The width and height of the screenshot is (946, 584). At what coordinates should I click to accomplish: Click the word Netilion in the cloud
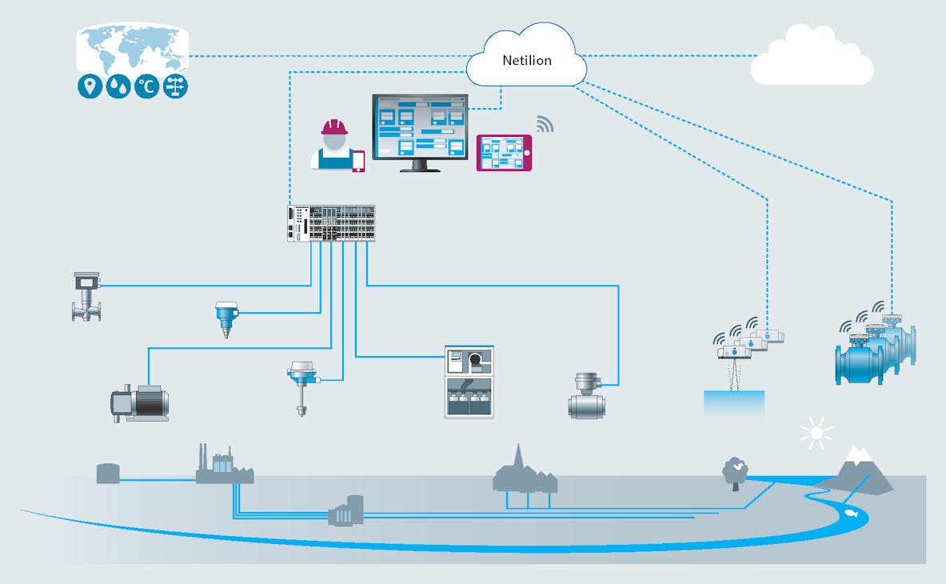point(526,60)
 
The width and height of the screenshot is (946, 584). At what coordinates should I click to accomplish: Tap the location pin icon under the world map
point(90,87)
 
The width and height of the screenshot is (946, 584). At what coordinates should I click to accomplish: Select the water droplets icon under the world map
point(118,87)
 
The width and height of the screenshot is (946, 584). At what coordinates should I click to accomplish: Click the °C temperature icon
point(146,87)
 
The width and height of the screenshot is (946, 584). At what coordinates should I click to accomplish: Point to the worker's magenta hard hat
point(334,127)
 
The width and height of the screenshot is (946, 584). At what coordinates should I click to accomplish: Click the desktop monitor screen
point(420,126)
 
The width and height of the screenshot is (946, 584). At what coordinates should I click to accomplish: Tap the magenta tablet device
point(504,153)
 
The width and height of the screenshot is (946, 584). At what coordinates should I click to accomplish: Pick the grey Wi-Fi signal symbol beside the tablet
point(545,124)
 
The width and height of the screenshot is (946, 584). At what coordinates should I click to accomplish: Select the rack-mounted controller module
point(331,223)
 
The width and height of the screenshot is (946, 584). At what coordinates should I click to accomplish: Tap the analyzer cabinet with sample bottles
point(469,382)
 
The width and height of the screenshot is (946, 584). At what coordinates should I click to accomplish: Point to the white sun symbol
point(816,434)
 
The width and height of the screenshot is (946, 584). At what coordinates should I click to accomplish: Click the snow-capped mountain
point(856,469)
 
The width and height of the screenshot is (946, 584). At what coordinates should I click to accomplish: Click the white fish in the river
point(849,514)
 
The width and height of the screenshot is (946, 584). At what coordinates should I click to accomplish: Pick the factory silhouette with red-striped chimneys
point(223,466)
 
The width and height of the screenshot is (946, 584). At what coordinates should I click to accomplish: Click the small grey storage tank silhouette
point(108,473)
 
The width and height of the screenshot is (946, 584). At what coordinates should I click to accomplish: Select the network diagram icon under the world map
point(175,87)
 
